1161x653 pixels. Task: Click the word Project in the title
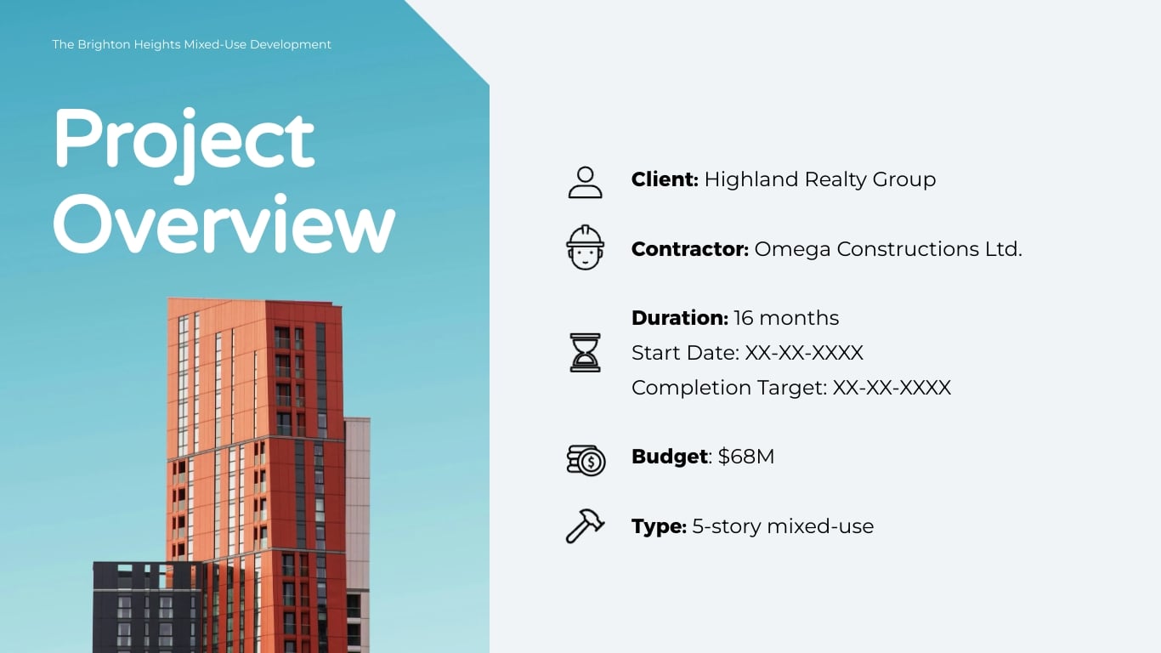pos(184,140)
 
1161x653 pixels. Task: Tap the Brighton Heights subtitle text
pos(191,44)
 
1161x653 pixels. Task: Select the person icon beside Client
pos(585,182)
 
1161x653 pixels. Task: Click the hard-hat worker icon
pos(585,247)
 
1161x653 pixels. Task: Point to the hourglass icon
pos(585,352)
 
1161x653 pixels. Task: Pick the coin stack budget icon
pos(586,460)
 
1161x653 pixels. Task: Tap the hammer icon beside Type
pos(585,525)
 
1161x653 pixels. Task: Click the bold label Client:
pos(665,179)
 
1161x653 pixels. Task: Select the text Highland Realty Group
pos(819,179)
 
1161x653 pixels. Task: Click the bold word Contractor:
pos(689,249)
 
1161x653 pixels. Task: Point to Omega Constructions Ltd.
pos(887,249)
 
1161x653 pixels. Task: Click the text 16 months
pos(786,318)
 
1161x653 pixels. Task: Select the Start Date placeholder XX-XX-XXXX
pos(804,353)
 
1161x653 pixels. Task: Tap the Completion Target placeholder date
pos(892,388)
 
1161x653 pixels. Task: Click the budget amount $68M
pos(746,457)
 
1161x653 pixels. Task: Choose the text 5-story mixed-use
pos(783,526)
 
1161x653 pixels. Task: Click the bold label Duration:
pos(679,318)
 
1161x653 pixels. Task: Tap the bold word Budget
pos(669,457)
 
